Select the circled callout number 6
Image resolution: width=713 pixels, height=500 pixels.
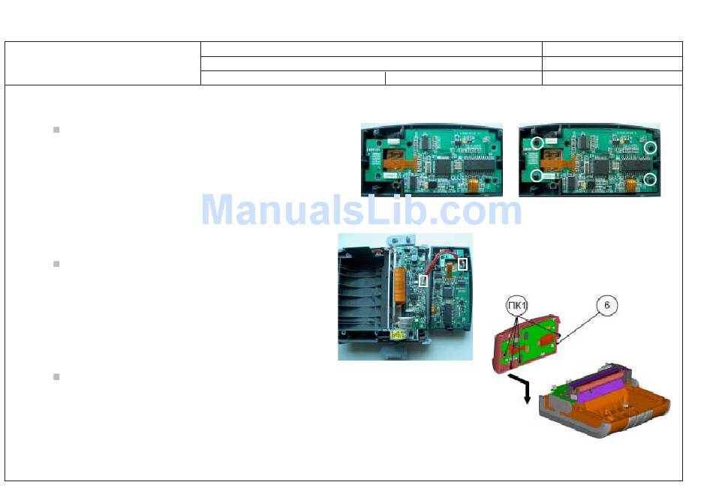[608, 306]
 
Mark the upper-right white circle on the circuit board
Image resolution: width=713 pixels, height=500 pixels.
[651, 148]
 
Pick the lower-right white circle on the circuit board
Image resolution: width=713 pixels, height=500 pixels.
[651, 178]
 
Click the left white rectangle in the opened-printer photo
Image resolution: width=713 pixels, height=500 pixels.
[424, 280]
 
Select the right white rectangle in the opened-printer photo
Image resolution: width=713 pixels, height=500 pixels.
[462, 264]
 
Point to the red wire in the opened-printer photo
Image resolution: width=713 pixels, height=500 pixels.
[438, 262]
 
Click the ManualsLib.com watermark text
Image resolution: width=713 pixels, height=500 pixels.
[361, 211]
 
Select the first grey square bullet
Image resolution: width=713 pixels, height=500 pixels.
[56, 130]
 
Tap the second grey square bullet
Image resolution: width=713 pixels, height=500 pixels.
[56, 264]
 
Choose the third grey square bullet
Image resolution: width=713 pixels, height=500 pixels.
[56, 376]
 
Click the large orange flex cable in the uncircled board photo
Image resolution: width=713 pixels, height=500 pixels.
[394, 157]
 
